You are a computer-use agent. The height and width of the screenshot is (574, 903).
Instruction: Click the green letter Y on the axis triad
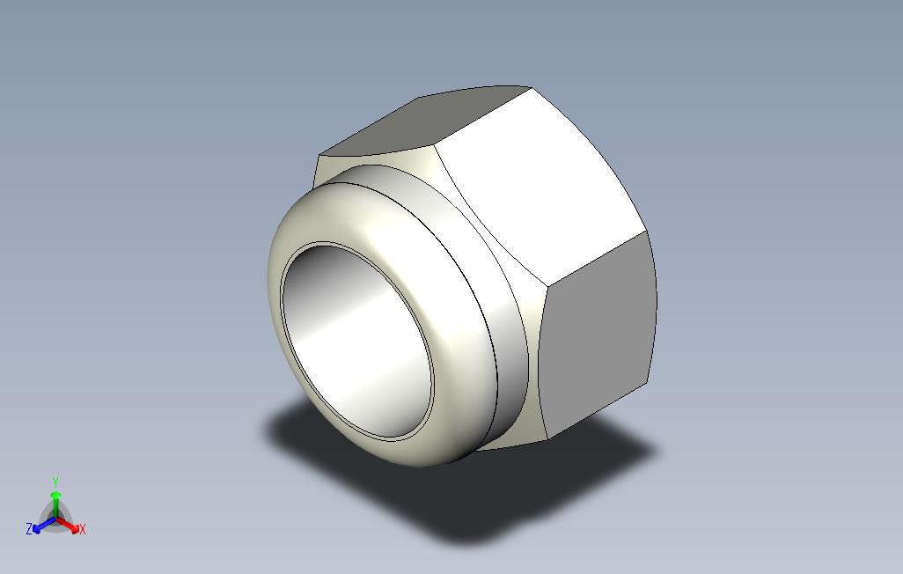55,482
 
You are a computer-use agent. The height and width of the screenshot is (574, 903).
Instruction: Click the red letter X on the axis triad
83,529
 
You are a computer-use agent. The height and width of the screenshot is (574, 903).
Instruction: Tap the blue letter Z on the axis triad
29,528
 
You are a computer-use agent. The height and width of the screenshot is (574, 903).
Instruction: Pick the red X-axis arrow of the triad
68,525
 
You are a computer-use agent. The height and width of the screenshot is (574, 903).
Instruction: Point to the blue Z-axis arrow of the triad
44,525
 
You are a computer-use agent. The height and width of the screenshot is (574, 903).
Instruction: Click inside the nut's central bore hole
357,340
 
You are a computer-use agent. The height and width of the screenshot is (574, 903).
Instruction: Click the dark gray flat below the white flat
599,335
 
